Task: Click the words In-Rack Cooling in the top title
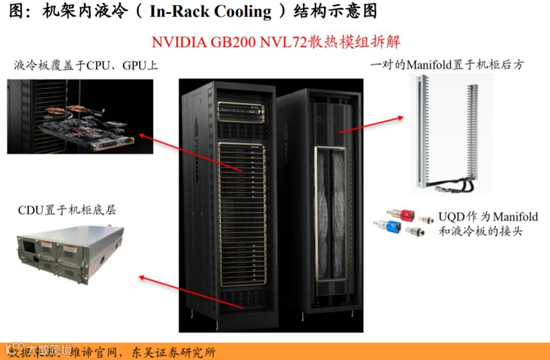[x=210, y=11]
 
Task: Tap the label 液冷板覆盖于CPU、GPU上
[x=86, y=65]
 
